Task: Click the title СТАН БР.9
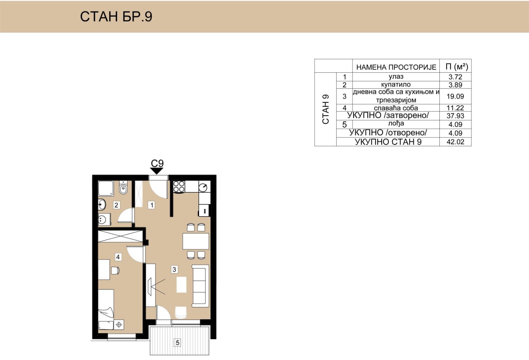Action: [116, 17]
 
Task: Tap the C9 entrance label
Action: [157, 163]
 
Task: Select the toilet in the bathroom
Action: [123, 188]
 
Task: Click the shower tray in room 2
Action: [106, 188]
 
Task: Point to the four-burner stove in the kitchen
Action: [179, 186]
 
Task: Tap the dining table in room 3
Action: [195, 241]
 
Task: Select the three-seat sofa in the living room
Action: [200, 286]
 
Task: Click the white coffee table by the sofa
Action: [182, 284]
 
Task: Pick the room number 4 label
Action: [118, 257]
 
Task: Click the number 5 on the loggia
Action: [177, 342]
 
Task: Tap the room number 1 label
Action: [152, 205]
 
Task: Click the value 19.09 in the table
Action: [455, 96]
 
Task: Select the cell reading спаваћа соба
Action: [396, 108]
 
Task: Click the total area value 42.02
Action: [455, 141]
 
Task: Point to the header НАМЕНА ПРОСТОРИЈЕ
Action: [396, 67]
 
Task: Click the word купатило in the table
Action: [396, 85]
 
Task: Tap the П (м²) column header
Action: [457, 66]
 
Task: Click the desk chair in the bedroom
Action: [115, 270]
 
